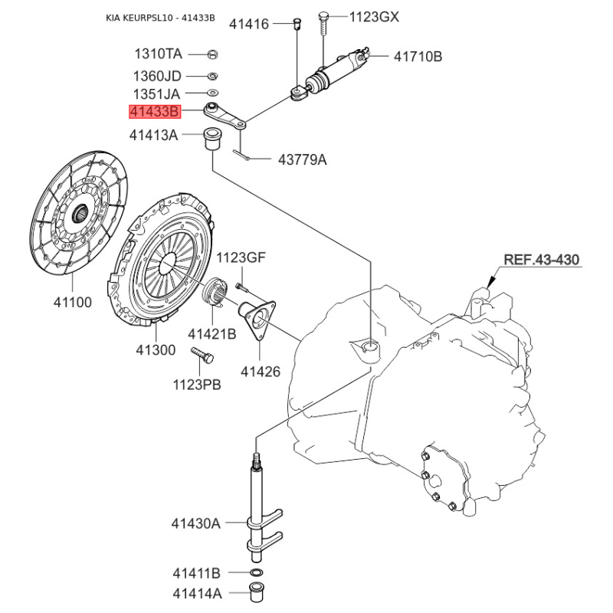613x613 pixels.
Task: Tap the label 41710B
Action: pyautogui.click(x=418, y=56)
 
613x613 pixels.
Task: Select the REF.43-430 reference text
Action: pyautogui.click(x=541, y=260)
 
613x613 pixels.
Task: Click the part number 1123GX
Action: pyautogui.click(x=374, y=16)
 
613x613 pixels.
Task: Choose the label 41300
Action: pyautogui.click(x=156, y=349)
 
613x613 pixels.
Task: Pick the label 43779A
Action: pyautogui.click(x=301, y=159)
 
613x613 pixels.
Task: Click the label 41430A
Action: pyautogui.click(x=195, y=523)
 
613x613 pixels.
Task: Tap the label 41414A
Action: pyautogui.click(x=196, y=593)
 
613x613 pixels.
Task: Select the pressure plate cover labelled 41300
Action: pyautogui.click(x=162, y=261)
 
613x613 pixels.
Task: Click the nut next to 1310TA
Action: pyautogui.click(x=214, y=54)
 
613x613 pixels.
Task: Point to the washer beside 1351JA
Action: pyautogui.click(x=214, y=93)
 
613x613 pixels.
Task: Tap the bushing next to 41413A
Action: pyautogui.click(x=211, y=139)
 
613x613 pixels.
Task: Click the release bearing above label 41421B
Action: pyautogui.click(x=215, y=291)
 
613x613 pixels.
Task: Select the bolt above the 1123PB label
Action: pyautogui.click(x=203, y=355)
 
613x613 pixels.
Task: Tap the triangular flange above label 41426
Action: pyautogui.click(x=257, y=317)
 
